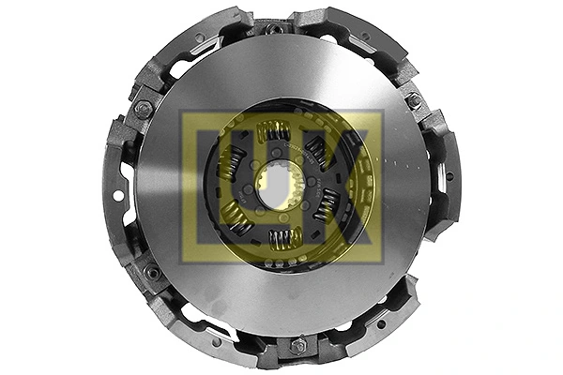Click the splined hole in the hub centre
276,186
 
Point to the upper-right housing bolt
413,100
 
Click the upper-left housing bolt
144,109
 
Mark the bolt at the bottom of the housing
297,346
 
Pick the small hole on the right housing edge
449,175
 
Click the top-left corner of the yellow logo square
182,112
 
